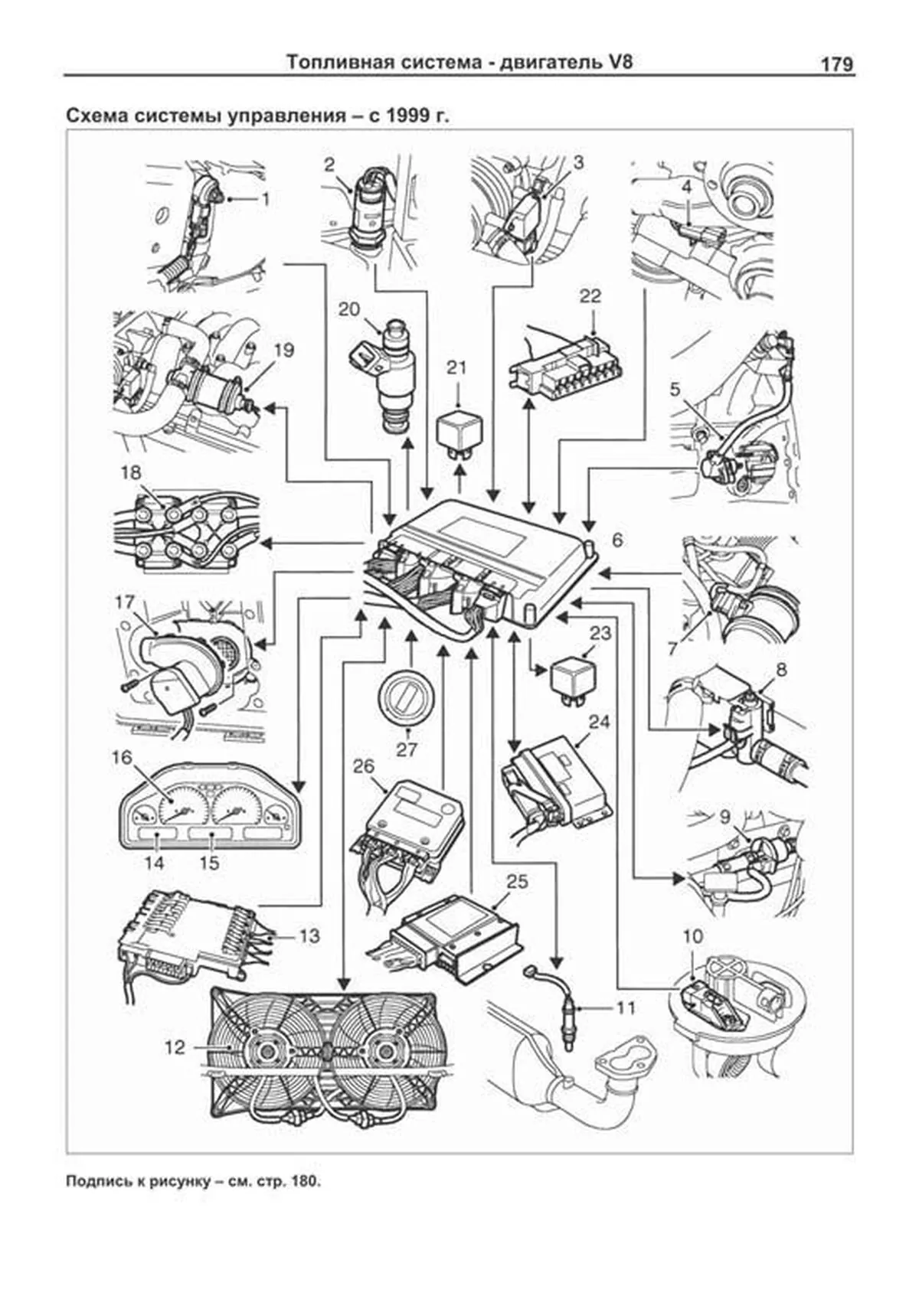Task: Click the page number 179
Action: [x=836, y=65]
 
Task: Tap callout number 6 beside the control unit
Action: [x=617, y=540]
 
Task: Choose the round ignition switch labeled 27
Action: [x=407, y=697]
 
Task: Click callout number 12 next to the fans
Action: [x=175, y=1046]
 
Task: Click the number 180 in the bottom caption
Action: [x=303, y=1203]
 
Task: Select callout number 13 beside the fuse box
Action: [x=309, y=936]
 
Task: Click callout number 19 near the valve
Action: [x=283, y=351]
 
